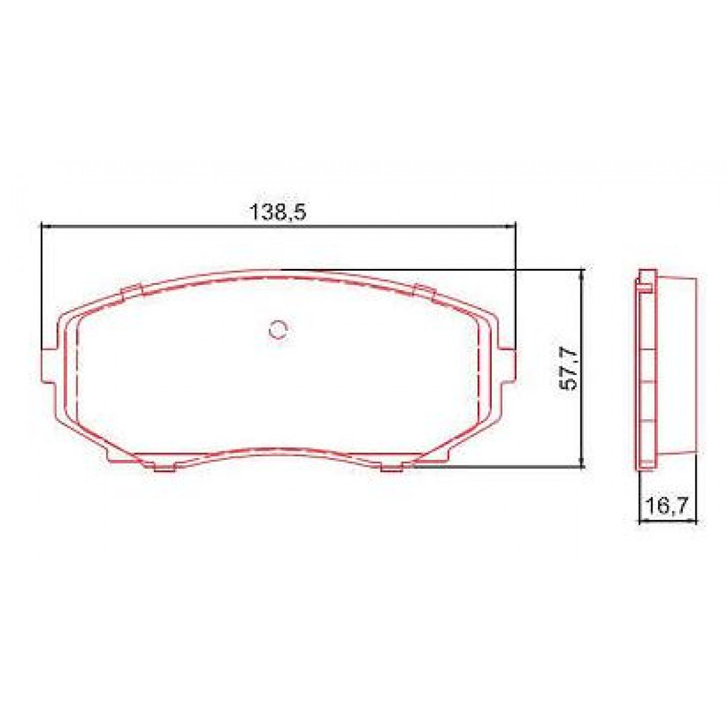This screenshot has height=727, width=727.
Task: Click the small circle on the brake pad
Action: (x=278, y=329)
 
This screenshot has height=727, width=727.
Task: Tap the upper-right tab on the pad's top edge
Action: (x=423, y=291)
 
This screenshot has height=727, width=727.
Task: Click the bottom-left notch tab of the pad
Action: (x=164, y=466)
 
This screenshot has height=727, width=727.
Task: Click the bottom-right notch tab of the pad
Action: (x=393, y=466)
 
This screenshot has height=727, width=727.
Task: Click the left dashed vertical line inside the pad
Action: (x=79, y=376)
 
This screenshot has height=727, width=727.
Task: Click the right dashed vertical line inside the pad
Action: (x=479, y=376)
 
